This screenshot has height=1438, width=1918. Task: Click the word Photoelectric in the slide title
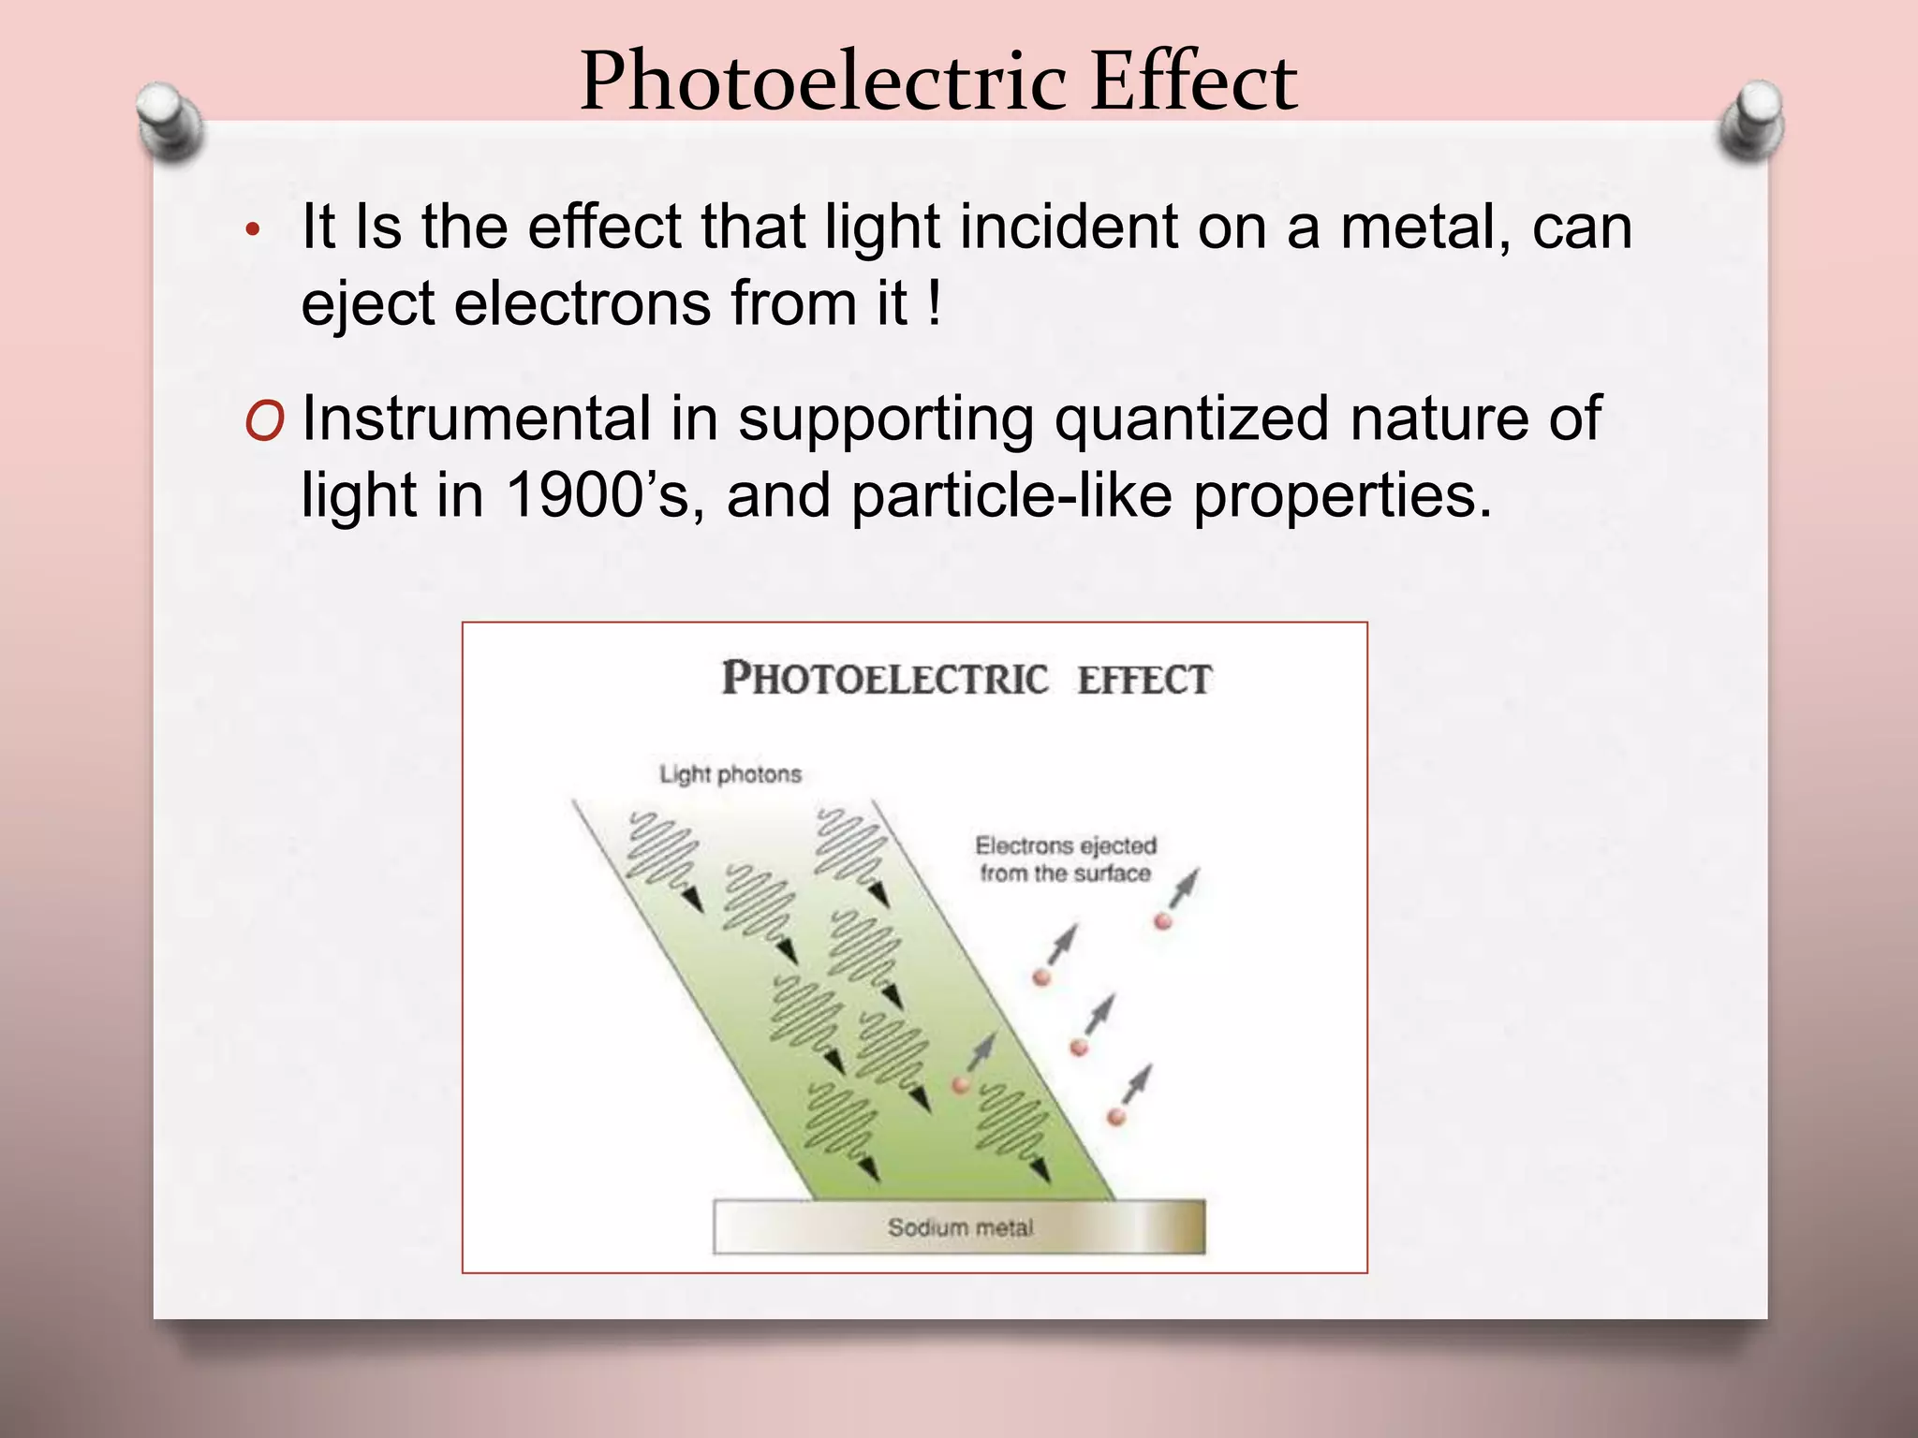click(x=822, y=82)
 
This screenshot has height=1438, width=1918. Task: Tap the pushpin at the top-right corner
click(x=1752, y=119)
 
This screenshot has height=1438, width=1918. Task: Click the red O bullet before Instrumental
click(x=263, y=421)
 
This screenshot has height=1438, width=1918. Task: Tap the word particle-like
click(x=1011, y=495)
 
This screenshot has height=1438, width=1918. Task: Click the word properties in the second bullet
click(x=1341, y=497)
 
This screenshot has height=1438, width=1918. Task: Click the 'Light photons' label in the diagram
click(x=730, y=774)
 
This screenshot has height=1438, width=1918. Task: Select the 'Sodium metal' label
click(x=961, y=1227)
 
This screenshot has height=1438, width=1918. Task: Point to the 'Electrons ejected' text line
click(x=1066, y=845)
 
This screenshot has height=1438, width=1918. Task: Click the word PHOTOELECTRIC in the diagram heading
click(x=884, y=679)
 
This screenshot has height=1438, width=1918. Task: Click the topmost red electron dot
click(x=1163, y=921)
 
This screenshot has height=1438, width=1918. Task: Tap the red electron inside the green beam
click(x=960, y=1085)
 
